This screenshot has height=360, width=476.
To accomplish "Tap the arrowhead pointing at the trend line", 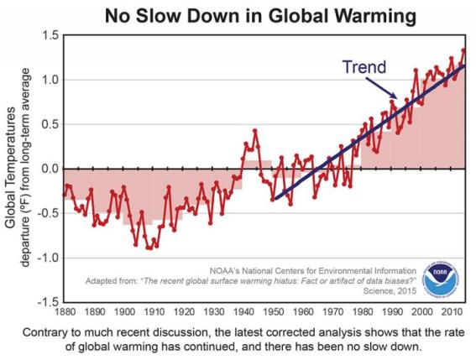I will tap(395, 97).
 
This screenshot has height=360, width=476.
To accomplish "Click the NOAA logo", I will tap(441, 283).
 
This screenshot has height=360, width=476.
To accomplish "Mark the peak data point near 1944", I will tap(255, 131).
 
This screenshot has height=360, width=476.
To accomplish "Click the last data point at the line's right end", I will tap(464, 50).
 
